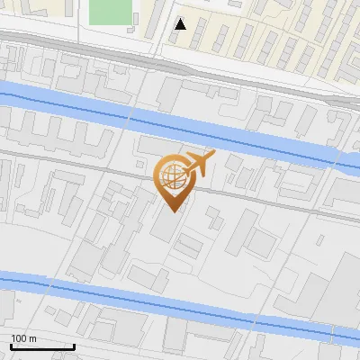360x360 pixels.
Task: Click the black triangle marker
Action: click(181, 24)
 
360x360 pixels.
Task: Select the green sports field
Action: click(111, 12)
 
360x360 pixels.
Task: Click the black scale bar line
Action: click(41, 346)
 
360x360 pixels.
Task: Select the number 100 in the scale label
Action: click(18, 338)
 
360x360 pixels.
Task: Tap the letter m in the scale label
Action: click(31, 338)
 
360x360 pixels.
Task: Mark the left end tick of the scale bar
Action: click(10, 345)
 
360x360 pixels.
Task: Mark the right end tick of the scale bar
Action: click(74, 345)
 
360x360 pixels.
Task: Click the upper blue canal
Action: click(225, 130)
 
